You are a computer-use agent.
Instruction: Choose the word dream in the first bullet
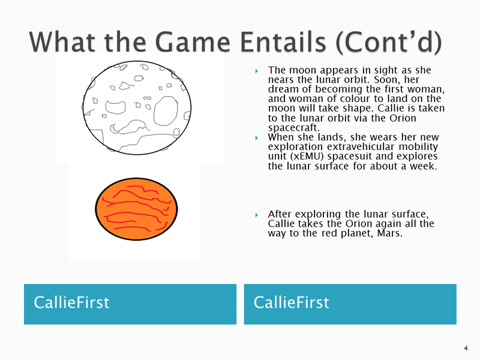(283, 89)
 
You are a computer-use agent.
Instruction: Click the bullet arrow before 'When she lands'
(257, 138)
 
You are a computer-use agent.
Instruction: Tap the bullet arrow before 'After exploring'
(257, 215)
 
